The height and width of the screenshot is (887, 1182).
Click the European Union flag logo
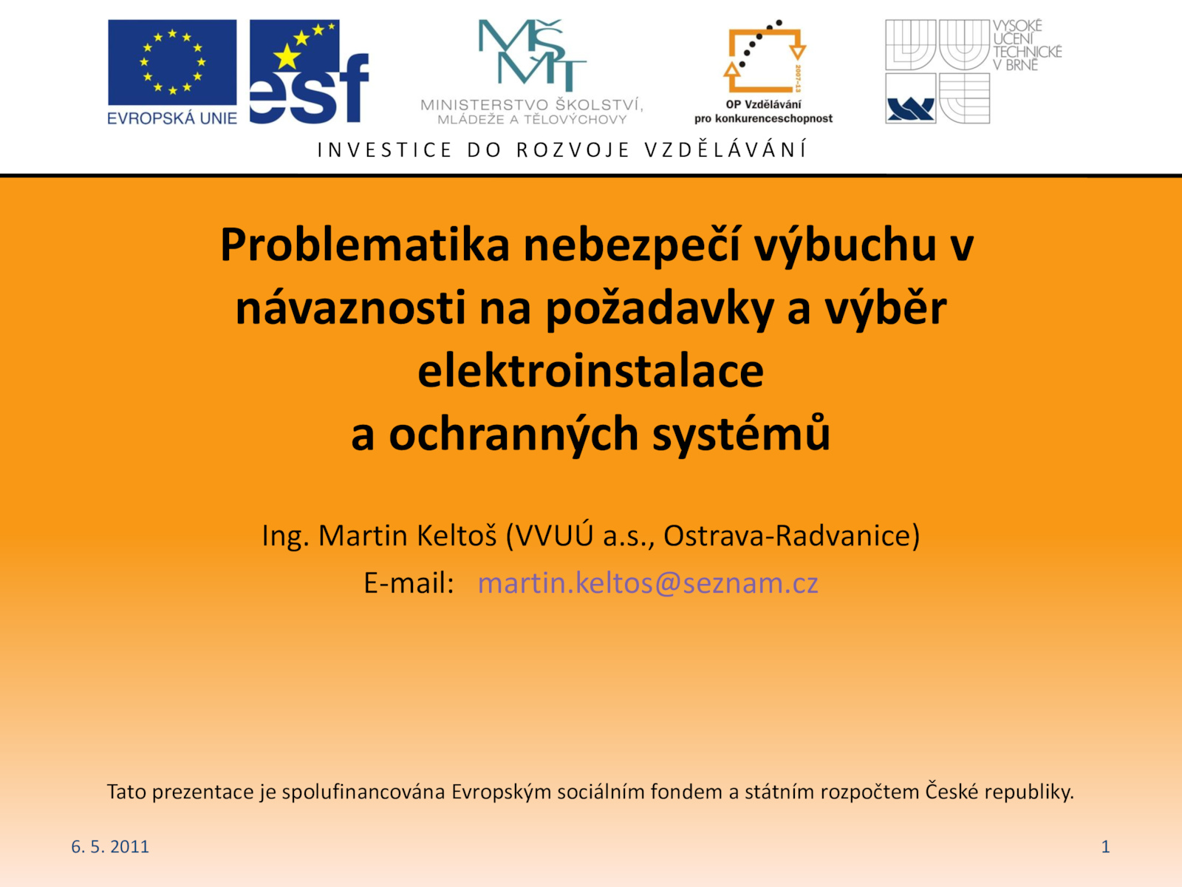pos(172,63)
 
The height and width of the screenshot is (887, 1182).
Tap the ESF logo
pos(309,72)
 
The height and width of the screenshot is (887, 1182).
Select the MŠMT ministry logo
pos(532,72)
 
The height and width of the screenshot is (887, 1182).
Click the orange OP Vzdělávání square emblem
pos(765,57)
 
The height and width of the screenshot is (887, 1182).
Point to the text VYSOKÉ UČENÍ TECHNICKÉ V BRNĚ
pos(1028,45)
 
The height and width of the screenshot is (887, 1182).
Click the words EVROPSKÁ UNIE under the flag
pos(172,118)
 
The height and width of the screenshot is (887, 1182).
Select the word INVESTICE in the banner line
pos(384,150)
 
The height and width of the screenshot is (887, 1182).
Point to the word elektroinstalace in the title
pos(591,371)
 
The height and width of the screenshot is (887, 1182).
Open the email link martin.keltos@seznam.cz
pos(648,582)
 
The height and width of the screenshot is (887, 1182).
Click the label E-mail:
pos(409,582)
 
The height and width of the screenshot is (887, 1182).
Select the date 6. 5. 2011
pos(110,846)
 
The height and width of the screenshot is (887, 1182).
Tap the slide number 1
pos(1105,846)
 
